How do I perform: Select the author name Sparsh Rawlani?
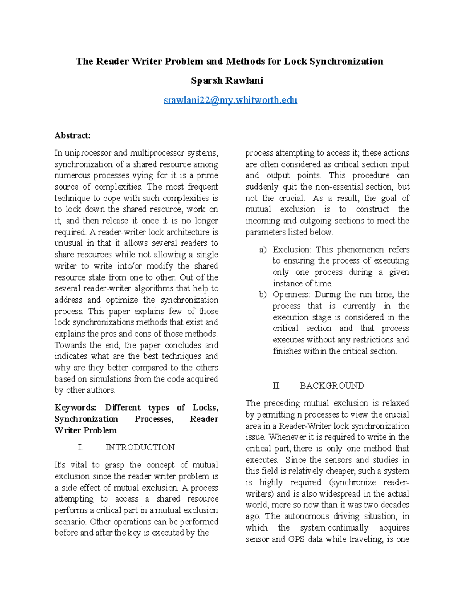(227, 80)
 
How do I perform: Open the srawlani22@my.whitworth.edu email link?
(230, 100)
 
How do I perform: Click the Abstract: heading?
(73, 135)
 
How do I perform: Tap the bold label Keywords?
(75, 408)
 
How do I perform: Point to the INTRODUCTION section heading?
(140, 447)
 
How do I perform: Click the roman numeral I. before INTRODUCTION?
(80, 447)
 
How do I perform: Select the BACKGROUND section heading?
(332, 385)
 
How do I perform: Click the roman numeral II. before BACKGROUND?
(276, 385)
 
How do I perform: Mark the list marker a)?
(263, 250)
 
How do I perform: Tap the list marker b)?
(263, 295)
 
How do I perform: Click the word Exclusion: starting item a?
(292, 250)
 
